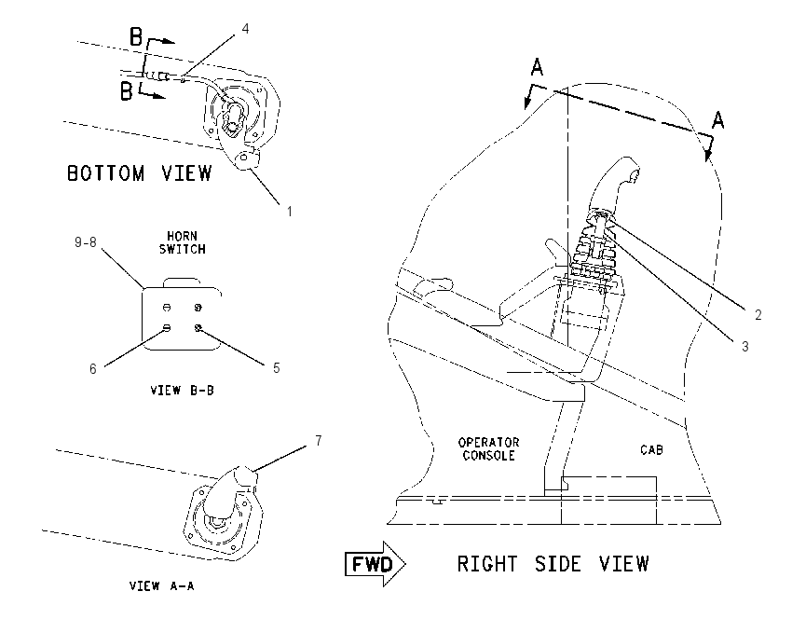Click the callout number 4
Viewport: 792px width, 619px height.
(x=245, y=29)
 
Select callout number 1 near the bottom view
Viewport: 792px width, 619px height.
(x=290, y=212)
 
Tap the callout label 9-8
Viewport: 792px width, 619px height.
(x=86, y=242)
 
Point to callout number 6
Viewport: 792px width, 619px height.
(x=93, y=369)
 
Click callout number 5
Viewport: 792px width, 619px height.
(x=277, y=368)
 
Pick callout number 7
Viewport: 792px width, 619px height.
(x=319, y=441)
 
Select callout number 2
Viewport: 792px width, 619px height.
(x=758, y=315)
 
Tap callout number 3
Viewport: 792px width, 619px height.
(x=745, y=346)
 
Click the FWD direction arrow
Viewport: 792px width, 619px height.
(x=376, y=564)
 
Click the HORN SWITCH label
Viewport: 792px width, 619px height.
(x=183, y=242)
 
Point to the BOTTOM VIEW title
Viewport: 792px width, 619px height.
(x=140, y=173)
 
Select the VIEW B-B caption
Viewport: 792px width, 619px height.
(x=183, y=390)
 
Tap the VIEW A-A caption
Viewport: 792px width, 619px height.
(x=161, y=586)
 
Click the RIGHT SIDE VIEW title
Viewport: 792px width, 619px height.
(x=553, y=564)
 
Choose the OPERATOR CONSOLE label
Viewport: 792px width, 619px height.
(x=488, y=448)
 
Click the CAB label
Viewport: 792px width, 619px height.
(x=651, y=449)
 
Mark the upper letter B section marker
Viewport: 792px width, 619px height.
(x=136, y=37)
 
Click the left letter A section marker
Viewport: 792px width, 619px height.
(x=537, y=67)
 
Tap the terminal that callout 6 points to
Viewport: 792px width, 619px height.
(x=167, y=328)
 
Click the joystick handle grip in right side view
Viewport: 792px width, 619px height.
(x=615, y=185)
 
